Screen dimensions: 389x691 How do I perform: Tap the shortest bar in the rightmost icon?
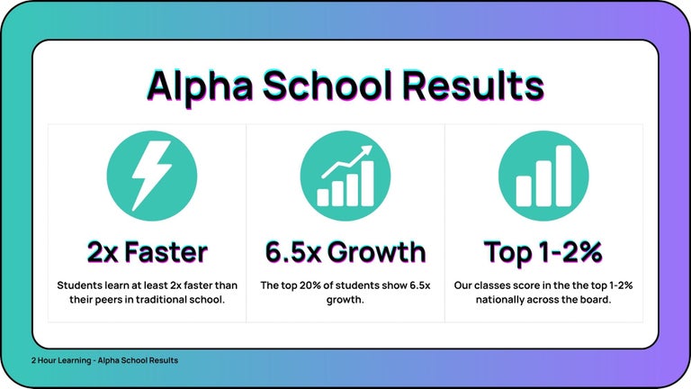coord(524,189)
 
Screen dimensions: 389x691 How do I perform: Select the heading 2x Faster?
coord(147,251)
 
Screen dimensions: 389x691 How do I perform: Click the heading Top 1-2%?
coord(543,251)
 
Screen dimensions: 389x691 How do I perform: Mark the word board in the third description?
coord(595,300)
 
